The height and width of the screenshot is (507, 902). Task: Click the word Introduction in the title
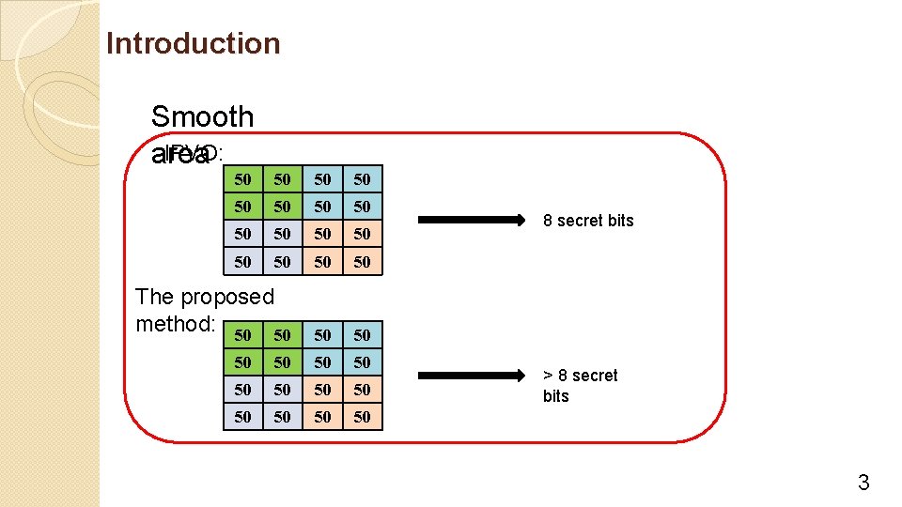[x=193, y=43]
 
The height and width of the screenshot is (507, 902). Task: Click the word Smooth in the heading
[x=202, y=116]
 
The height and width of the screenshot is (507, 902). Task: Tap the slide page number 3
[x=863, y=484]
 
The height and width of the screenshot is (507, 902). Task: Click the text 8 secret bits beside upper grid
[x=588, y=221]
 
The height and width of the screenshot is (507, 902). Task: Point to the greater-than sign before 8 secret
[x=549, y=376]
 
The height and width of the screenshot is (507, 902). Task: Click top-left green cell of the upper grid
[x=243, y=179]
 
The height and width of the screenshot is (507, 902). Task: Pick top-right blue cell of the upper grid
[x=363, y=179]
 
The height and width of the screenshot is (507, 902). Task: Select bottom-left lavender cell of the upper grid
[x=243, y=262]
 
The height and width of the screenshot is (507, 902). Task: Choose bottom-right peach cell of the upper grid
[x=363, y=262]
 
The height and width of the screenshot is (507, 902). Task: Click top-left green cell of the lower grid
[x=243, y=335]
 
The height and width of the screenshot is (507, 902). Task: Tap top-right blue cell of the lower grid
[x=363, y=335]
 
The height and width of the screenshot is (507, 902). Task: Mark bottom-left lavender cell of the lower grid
[x=243, y=417]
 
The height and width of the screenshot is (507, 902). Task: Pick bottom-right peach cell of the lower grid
[x=363, y=417]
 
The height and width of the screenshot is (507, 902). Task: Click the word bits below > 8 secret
[x=556, y=396]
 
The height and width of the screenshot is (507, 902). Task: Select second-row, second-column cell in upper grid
[x=283, y=207]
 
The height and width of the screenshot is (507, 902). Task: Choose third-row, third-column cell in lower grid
[x=323, y=390]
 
